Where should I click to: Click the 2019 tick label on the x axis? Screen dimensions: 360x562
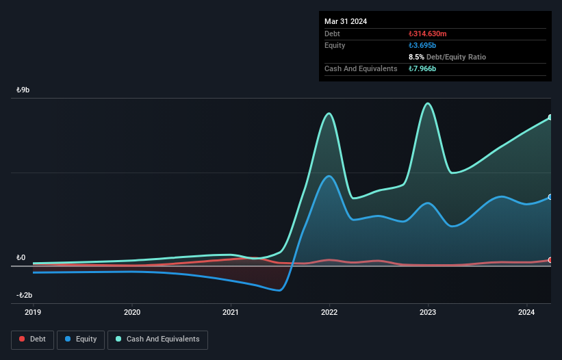(33, 312)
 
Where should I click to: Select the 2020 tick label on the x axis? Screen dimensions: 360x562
(132, 312)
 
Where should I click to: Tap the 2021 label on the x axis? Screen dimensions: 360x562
(231, 312)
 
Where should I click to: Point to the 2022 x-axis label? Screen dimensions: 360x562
(329, 312)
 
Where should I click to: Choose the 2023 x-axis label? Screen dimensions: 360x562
(429, 312)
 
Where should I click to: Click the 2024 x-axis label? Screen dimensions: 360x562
(527, 312)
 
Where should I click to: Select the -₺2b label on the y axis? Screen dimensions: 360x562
(24, 296)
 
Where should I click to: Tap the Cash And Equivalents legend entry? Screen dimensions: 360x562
(157, 339)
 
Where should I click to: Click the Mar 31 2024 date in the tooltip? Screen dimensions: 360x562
(346, 21)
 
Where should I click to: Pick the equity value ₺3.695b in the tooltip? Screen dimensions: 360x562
(422, 45)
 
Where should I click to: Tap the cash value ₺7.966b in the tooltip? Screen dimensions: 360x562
(422, 68)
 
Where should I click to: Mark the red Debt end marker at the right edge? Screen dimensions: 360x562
(550, 260)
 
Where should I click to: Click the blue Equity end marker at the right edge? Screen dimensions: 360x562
(550, 197)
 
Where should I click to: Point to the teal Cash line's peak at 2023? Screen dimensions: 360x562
(428, 103)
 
